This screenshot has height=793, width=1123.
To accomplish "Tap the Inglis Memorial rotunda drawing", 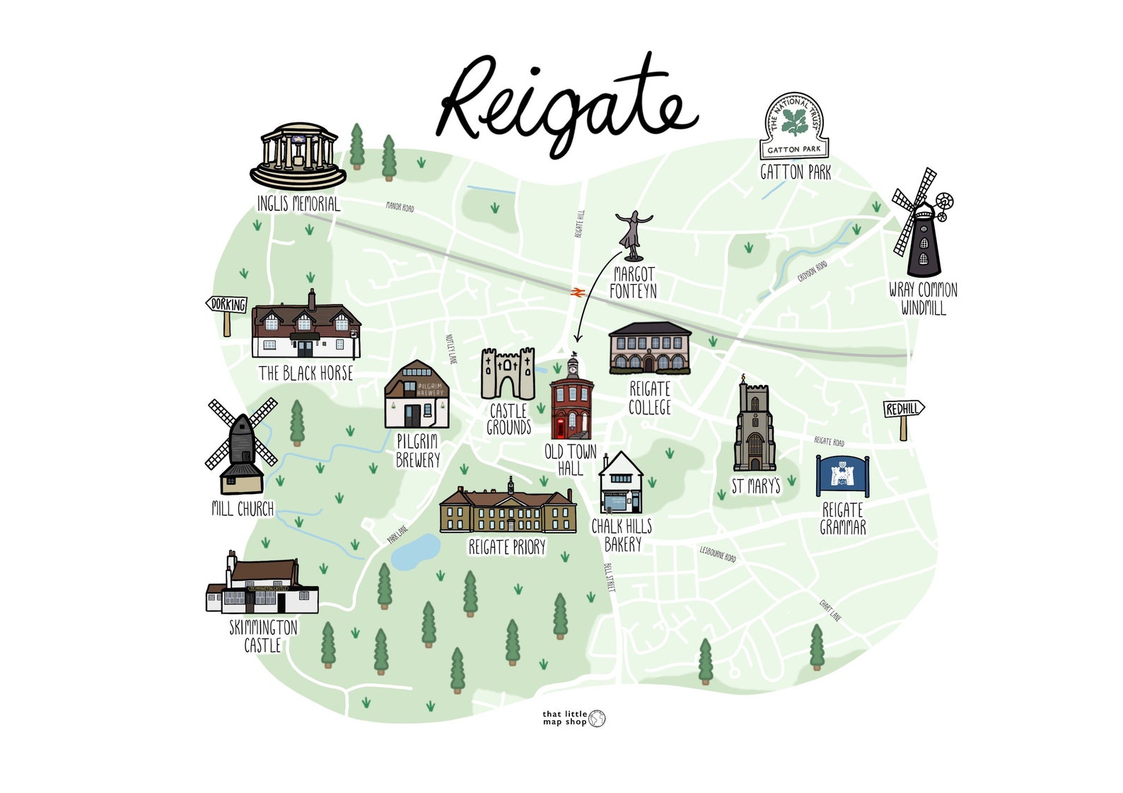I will [298, 155].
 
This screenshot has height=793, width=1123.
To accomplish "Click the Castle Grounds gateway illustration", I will [508, 375].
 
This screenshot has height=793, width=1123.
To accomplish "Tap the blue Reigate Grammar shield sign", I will [842, 476].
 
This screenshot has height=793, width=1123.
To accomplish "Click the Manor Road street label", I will [400, 207].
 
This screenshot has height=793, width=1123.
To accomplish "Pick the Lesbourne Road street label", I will [718, 553].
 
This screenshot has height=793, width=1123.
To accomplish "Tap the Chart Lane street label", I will [830, 610].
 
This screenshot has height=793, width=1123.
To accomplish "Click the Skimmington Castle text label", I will [263, 635].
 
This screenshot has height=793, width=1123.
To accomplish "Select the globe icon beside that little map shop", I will [598, 719].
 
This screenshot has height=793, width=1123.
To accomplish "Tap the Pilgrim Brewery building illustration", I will [417, 396].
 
